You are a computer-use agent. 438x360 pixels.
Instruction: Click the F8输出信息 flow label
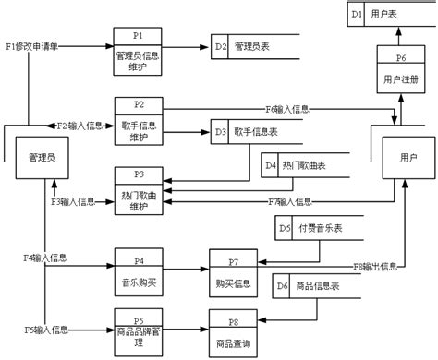point(377,266)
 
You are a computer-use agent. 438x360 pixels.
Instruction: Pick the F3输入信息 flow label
point(73,200)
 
